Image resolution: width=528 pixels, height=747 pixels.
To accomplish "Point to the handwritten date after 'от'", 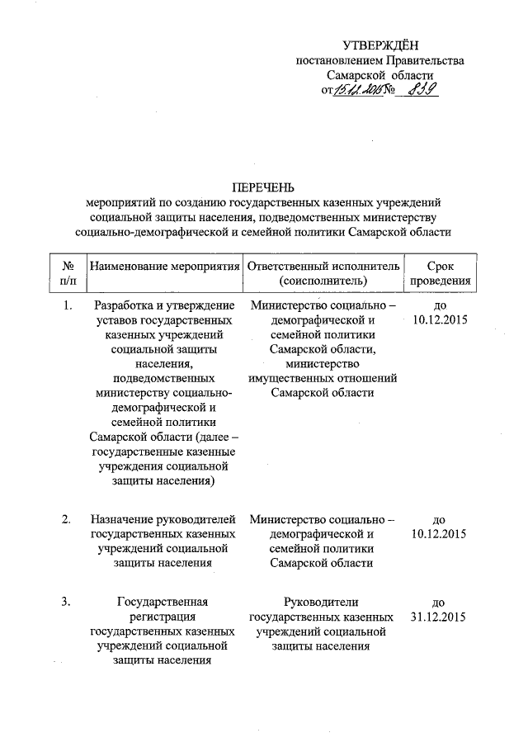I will [354, 90].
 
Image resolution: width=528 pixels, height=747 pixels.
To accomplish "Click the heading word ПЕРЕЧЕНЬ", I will [262, 186].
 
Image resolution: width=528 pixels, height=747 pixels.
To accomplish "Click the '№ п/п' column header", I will [65, 274].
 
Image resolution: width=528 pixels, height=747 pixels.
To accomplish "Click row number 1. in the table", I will [66, 306].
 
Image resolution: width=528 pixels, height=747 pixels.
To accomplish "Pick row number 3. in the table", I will [66, 601].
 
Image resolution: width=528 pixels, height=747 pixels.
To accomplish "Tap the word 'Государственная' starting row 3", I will [163, 602].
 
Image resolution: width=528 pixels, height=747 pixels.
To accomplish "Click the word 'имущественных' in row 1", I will [288, 378].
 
